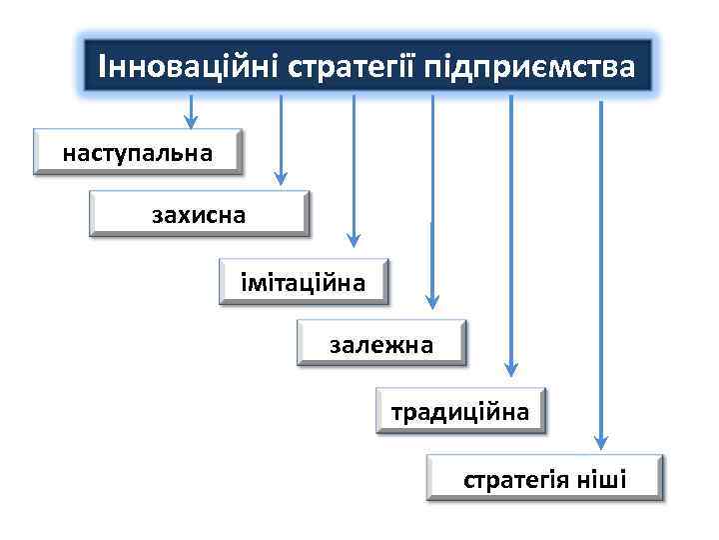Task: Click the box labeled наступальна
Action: point(138,152)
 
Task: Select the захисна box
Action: point(199,214)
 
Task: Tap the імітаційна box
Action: point(303,282)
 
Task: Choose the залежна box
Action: point(381,343)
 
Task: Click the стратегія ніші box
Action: point(544,477)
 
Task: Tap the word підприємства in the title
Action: point(529,67)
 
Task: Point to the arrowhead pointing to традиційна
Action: point(510,367)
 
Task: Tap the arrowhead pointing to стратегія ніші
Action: point(600,437)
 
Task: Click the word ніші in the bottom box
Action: point(602,480)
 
